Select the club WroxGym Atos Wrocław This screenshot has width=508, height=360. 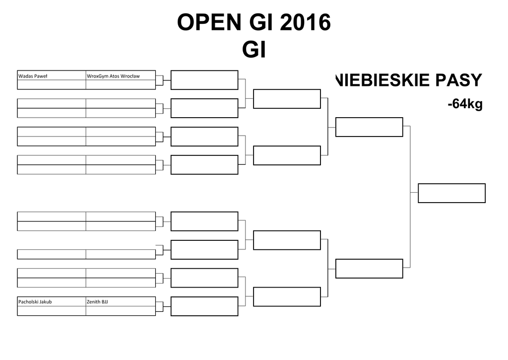(x=113, y=76)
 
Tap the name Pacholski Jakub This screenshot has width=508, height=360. (x=35, y=301)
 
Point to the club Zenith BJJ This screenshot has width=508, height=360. (x=98, y=301)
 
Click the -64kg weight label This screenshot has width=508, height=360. (x=465, y=104)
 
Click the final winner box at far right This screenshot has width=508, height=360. (x=451, y=193)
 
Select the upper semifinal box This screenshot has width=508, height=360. (x=369, y=127)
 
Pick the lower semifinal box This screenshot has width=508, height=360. (x=369, y=269)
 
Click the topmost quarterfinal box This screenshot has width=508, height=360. (x=287, y=98)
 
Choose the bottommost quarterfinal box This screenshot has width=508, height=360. (x=287, y=297)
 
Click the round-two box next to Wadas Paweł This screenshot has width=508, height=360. (x=204, y=80)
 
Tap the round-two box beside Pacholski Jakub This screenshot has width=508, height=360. (x=204, y=306)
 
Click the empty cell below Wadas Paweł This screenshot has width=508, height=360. (x=52, y=85)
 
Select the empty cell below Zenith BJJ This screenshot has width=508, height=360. (x=121, y=311)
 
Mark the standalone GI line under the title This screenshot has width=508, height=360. (x=254, y=50)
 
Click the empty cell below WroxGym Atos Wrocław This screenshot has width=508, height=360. (x=121, y=85)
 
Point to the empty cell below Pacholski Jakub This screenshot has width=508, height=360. (x=52, y=311)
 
